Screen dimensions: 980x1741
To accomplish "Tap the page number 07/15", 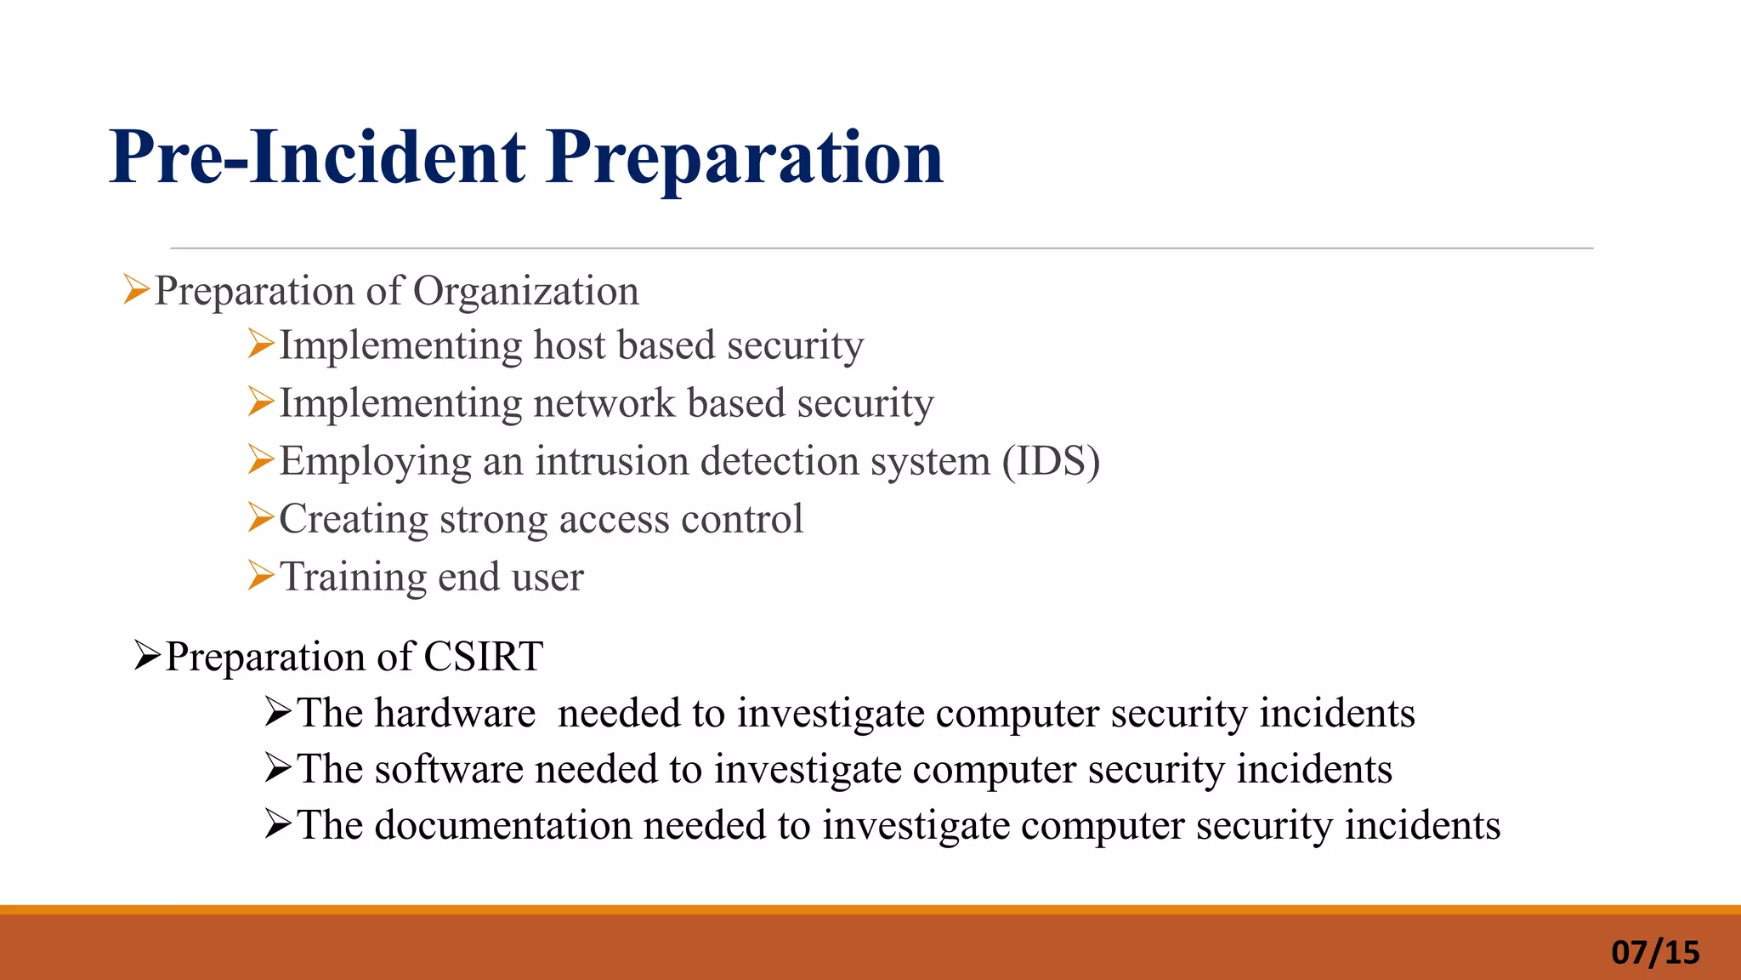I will [x=1654, y=952].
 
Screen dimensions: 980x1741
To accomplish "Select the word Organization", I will [x=525, y=292].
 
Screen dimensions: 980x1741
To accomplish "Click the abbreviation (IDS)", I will [x=1051, y=461].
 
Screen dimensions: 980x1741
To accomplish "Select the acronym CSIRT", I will [x=483, y=657].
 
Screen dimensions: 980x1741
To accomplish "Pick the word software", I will [x=448, y=769].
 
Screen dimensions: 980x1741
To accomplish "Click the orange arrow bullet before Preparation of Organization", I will [x=136, y=289].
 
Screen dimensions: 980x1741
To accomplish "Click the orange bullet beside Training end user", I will [x=261, y=576].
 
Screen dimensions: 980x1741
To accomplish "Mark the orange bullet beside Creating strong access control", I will [x=261, y=517].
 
